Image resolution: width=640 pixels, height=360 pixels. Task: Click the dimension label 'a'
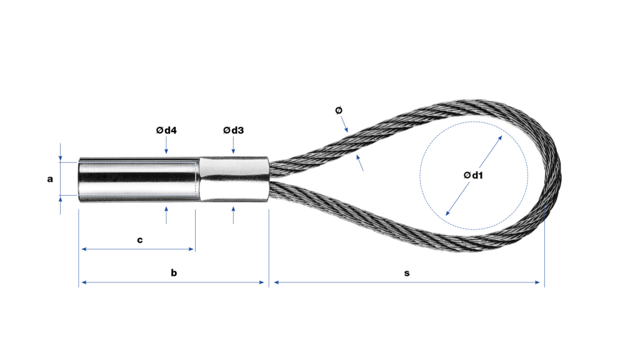click(50, 179)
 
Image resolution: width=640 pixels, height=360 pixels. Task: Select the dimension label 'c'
click(139, 240)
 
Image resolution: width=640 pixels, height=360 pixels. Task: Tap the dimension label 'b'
click(174, 272)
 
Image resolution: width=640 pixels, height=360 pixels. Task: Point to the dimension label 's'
click(406, 273)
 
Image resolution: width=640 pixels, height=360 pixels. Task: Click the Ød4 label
click(166, 130)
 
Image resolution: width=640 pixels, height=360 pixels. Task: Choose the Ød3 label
click(234, 130)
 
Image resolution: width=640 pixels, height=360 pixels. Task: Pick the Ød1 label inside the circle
click(474, 175)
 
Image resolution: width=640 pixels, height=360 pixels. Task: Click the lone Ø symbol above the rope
click(338, 110)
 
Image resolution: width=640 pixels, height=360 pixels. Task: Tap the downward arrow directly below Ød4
click(166, 145)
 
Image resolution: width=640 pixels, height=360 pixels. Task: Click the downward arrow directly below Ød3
click(234, 145)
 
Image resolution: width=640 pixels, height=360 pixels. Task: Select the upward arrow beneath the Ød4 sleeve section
click(166, 215)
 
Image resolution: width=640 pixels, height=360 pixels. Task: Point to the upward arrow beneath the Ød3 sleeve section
click(234, 215)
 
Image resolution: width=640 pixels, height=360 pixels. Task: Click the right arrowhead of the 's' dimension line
click(537, 282)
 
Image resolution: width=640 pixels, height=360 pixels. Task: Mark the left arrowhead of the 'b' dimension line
click(84, 282)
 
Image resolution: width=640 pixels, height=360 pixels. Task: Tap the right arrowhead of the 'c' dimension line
click(191, 249)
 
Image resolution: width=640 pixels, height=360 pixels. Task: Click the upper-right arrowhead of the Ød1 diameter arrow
click(499, 139)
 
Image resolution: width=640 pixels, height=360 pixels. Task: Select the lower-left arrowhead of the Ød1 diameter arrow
click(447, 212)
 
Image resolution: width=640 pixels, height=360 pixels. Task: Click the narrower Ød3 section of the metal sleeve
click(234, 179)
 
